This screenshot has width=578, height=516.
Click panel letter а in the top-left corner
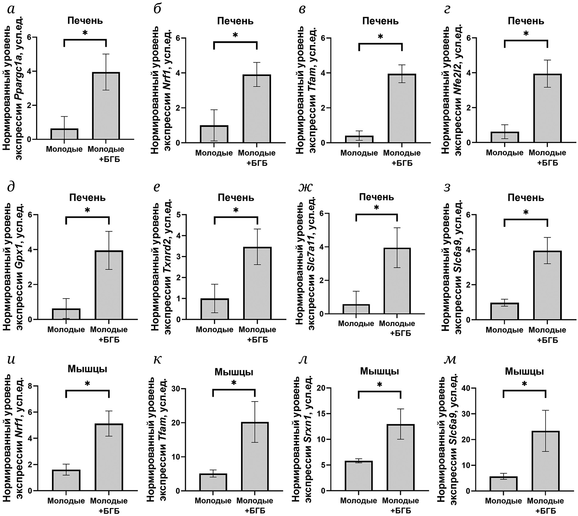(11, 10)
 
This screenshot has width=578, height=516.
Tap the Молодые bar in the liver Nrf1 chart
(214, 134)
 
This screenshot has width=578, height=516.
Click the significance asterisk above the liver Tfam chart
(380, 37)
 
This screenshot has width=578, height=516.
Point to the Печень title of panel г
(526, 21)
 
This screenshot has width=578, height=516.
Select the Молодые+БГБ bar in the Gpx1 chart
(109, 285)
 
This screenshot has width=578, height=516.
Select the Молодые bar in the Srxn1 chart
(359, 476)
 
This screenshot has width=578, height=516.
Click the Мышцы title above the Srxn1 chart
(380, 371)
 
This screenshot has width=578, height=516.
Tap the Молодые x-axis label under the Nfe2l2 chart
(505, 153)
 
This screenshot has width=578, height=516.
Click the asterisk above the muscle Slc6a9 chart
(524, 384)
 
